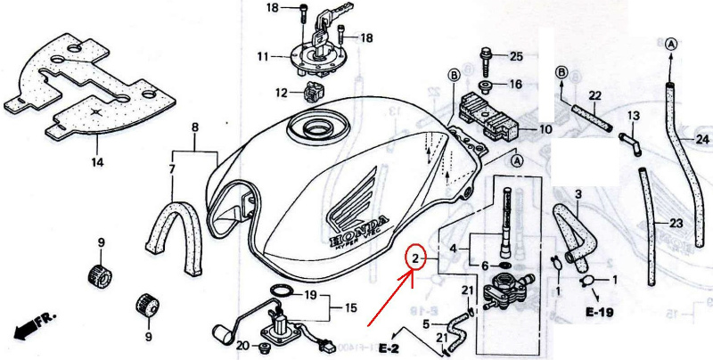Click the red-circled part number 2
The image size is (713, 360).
(x=415, y=259)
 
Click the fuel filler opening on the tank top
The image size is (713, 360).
(x=318, y=128)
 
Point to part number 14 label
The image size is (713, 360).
(x=97, y=162)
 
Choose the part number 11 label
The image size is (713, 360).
(x=263, y=57)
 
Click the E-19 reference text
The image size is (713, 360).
(x=599, y=312)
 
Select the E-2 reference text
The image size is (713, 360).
(x=389, y=348)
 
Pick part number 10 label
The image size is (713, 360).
(x=545, y=129)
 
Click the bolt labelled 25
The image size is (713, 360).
(x=486, y=63)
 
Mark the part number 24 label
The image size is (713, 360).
(x=702, y=140)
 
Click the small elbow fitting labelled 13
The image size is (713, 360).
(x=630, y=144)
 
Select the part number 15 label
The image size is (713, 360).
(x=350, y=308)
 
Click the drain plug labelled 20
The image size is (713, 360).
(x=263, y=348)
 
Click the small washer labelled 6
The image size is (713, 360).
(x=504, y=265)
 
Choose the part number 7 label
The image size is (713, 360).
(x=172, y=170)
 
